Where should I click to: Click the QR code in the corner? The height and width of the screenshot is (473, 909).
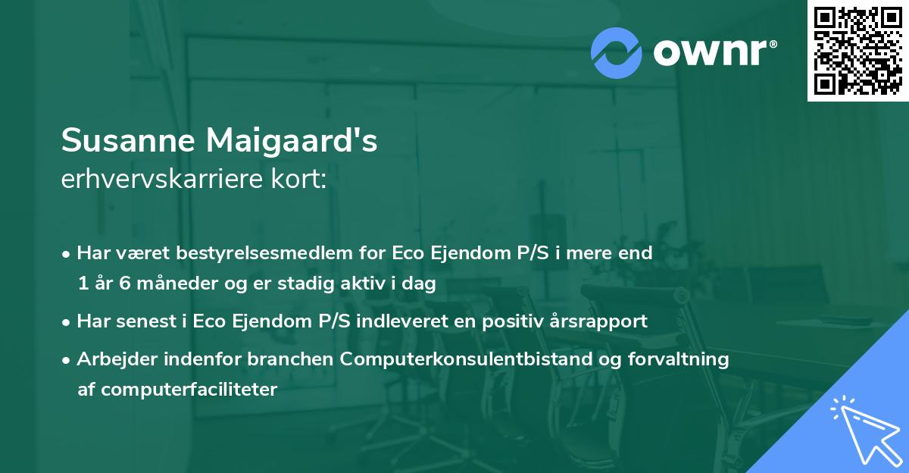click(x=857, y=51)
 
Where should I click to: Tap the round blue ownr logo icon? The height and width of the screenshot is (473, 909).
click(x=617, y=53)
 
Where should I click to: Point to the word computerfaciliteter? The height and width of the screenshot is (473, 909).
click(x=189, y=390)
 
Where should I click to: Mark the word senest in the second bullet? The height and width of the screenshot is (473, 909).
click(x=142, y=321)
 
